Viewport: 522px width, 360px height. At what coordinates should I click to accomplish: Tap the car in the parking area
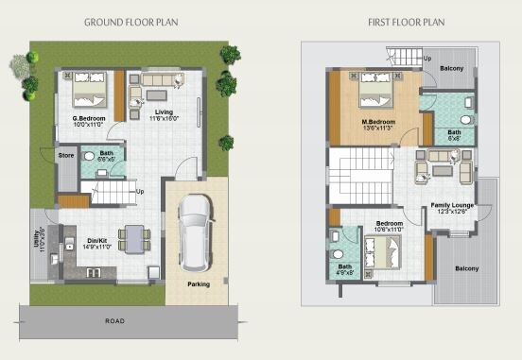(x=197, y=231)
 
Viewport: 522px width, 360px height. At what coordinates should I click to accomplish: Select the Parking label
(x=198, y=283)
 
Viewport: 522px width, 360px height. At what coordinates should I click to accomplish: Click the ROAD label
(x=114, y=321)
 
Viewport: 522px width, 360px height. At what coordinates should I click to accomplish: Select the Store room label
(x=66, y=155)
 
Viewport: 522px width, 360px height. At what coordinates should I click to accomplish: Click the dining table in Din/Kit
(x=135, y=237)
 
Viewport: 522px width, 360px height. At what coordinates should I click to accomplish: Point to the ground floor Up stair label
(x=140, y=192)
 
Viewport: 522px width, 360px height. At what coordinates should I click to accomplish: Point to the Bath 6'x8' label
(x=454, y=133)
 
